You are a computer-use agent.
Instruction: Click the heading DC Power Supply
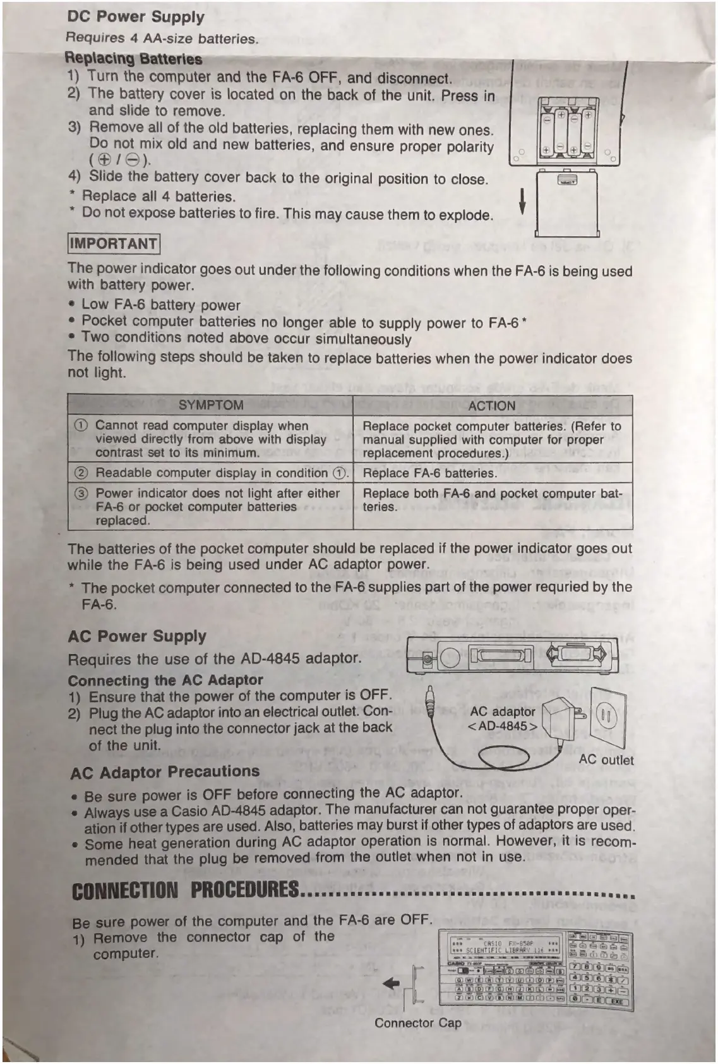coord(136,17)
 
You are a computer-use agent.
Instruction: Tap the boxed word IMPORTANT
coord(114,244)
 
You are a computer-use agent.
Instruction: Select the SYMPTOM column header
coord(210,405)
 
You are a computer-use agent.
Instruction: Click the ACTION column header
coord(491,406)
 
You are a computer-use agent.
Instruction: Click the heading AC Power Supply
coord(137,636)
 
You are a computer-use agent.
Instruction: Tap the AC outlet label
coord(606,759)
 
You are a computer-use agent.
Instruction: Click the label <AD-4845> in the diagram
coord(503,726)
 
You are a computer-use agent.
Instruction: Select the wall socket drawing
coord(607,718)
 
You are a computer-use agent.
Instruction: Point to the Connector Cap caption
coord(417,1022)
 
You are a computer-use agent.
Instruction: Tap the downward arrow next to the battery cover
coord(522,202)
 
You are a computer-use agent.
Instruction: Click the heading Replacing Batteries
coord(133,59)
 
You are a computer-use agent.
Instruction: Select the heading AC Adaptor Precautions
coord(165,771)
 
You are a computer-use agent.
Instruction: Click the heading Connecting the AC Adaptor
coord(165,680)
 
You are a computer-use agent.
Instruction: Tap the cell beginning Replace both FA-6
coord(491,500)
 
